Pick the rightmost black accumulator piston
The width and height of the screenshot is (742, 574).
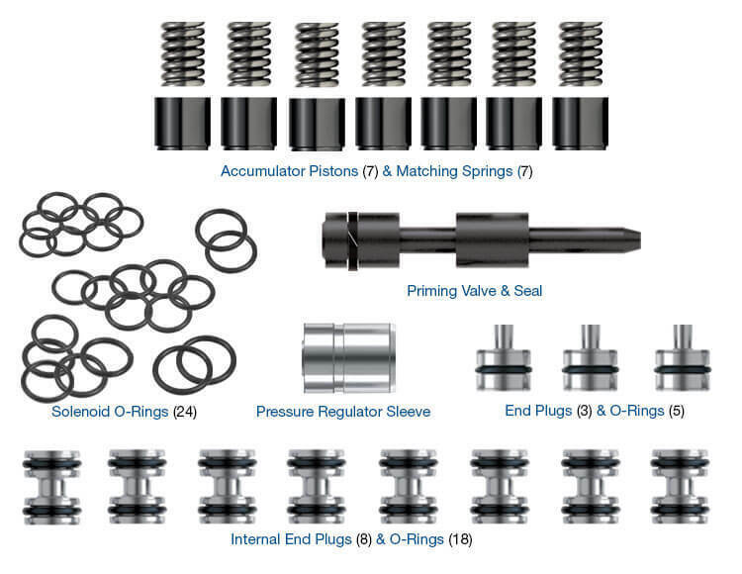(580, 123)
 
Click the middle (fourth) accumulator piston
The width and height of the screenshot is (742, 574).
(383, 123)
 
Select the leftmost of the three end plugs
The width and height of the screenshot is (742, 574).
(503, 361)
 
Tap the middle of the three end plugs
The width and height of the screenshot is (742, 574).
(591, 361)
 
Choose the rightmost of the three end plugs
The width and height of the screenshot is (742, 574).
(682, 361)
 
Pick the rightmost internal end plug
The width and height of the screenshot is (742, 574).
(678, 485)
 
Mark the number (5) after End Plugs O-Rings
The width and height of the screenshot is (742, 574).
(676, 411)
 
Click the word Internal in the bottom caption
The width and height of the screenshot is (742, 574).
(255, 540)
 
